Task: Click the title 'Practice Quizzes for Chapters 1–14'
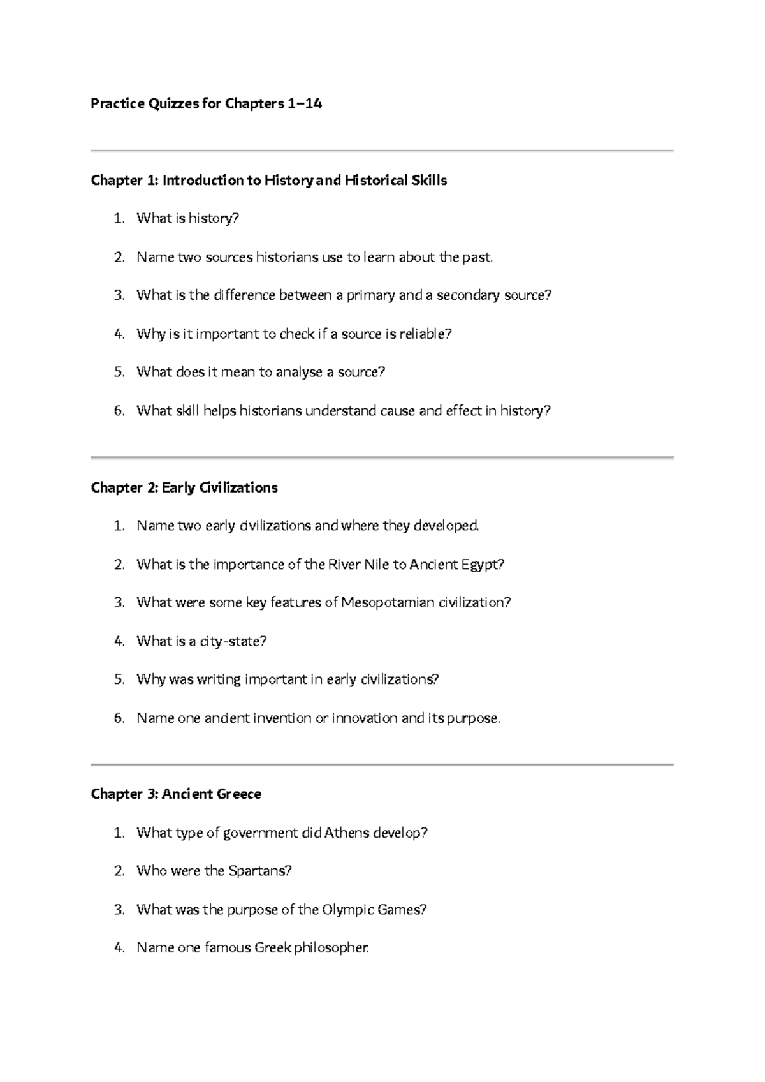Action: pos(206,103)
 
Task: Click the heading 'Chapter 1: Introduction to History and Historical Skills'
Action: pos(268,181)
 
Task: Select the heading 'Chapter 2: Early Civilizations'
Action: pos(184,488)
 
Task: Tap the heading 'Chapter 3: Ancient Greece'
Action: pos(176,794)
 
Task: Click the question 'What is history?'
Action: pos(187,219)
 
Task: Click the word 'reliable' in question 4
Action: pos(424,334)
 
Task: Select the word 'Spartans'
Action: pos(259,871)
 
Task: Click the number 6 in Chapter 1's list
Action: pos(119,411)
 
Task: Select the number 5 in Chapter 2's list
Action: pos(119,679)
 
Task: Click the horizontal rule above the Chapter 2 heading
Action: pos(382,457)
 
